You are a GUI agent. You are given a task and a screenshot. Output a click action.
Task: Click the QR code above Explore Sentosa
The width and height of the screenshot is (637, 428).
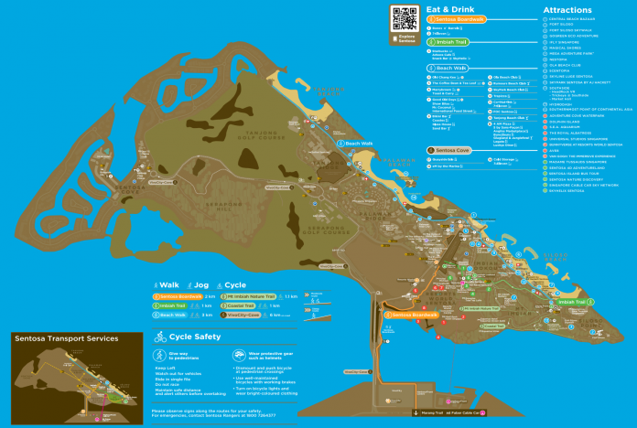pos(405,18)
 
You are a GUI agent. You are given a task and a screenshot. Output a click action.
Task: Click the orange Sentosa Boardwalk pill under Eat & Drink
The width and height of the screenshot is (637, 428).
pos(459,18)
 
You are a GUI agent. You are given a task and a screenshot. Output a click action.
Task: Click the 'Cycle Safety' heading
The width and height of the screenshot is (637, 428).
pos(196,337)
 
